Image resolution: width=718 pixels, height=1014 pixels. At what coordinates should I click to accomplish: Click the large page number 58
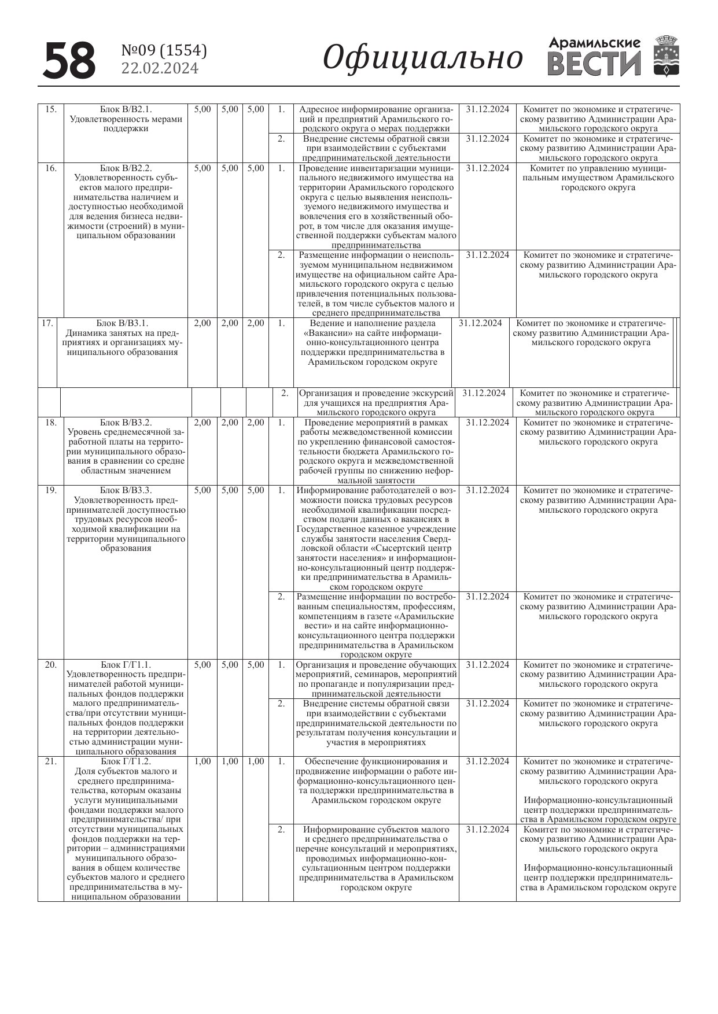pyautogui.click(x=69, y=60)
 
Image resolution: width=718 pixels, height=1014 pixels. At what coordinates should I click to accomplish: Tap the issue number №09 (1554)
pyautogui.click(x=164, y=51)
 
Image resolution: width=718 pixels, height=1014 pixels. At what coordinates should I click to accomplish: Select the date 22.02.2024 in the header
pyautogui.click(x=160, y=68)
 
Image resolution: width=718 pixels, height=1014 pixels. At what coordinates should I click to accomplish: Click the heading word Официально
pyautogui.click(x=423, y=58)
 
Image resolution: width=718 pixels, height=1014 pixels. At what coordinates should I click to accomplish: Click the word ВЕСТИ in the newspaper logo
pyautogui.click(x=594, y=64)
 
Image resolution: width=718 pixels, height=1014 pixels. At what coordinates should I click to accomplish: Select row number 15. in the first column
pyautogui.click(x=51, y=109)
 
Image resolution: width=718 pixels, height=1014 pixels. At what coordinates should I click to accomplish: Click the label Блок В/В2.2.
pyautogui.click(x=126, y=168)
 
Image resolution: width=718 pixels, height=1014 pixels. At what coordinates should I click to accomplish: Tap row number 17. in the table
pyautogui.click(x=47, y=323)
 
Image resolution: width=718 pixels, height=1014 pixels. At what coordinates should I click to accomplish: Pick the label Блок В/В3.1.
pyautogui.click(x=122, y=323)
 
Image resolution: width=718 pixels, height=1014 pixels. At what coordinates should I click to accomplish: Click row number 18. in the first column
pyautogui.click(x=51, y=423)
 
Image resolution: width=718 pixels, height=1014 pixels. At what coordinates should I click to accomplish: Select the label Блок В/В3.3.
pyautogui.click(x=126, y=490)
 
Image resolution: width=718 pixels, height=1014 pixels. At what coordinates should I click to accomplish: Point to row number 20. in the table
pyautogui.click(x=51, y=665)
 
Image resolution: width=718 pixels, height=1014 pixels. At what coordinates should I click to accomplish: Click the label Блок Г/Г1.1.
pyautogui.click(x=126, y=665)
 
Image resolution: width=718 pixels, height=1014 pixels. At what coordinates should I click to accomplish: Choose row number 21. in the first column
pyautogui.click(x=51, y=761)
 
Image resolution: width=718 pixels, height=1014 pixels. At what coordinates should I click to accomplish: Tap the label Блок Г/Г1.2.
pyautogui.click(x=126, y=761)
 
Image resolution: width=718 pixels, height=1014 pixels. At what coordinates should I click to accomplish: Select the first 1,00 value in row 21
pyautogui.click(x=202, y=761)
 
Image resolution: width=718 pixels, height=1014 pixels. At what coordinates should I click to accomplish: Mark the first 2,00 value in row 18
pyautogui.click(x=202, y=423)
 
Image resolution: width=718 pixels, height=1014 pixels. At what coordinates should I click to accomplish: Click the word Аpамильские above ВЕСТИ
pyautogui.click(x=595, y=43)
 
